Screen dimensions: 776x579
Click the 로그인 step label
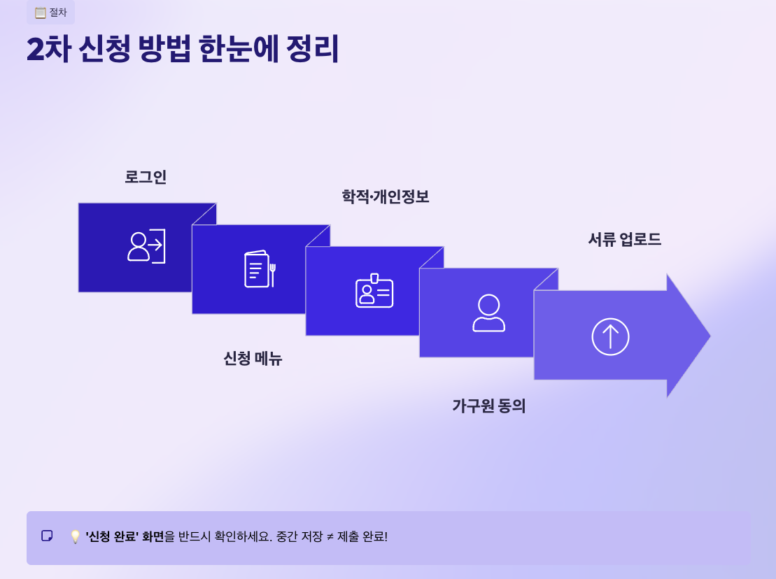pos(146,177)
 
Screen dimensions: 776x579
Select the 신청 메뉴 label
pos(253,359)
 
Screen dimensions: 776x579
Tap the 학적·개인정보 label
pos(385,197)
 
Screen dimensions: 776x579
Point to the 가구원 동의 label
pos(488,406)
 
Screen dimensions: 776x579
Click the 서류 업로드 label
pos(624,240)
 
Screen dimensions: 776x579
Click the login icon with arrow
pos(146,246)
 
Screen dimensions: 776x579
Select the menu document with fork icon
pos(260,269)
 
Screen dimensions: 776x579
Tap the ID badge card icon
pos(374,290)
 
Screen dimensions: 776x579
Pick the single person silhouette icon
pos(488,313)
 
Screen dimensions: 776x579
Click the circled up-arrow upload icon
pos(610,336)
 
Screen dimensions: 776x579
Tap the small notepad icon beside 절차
pos(41,13)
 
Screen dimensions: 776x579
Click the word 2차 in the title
pos(48,50)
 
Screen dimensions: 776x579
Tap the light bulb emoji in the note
pos(75,537)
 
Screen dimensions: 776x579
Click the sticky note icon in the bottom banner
pos(47,536)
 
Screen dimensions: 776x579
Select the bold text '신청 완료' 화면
pos(125,537)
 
